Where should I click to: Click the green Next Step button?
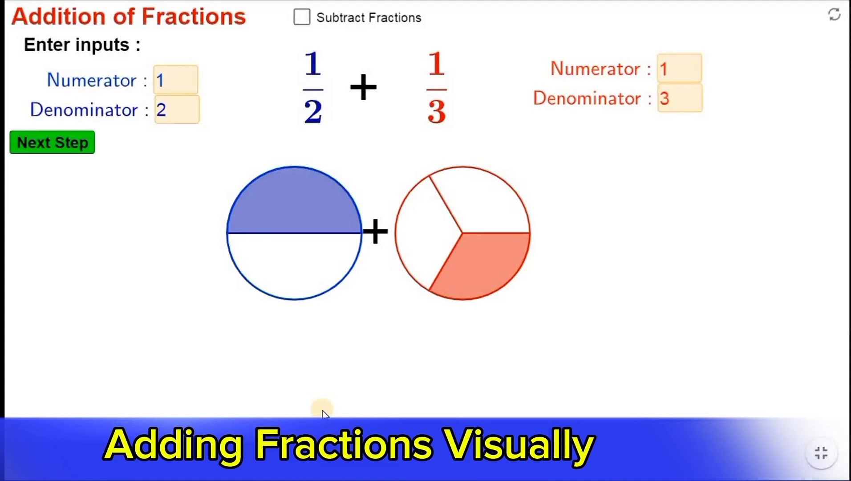tap(52, 143)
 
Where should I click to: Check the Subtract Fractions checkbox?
tap(302, 17)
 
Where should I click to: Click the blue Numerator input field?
tap(176, 80)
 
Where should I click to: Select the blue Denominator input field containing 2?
tap(177, 110)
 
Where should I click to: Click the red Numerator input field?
tap(679, 69)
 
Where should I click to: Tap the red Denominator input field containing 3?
tap(680, 98)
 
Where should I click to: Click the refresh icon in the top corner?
tap(834, 15)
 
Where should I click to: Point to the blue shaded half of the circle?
tap(294, 203)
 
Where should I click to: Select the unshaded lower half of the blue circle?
tap(294, 265)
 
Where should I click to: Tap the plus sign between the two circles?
tap(375, 231)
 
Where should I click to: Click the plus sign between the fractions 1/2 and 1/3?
tap(363, 87)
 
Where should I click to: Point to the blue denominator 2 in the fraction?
tap(313, 111)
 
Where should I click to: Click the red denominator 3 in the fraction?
tap(437, 111)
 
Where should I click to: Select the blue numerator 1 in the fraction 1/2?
tap(313, 64)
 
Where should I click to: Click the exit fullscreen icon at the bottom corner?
tap(821, 453)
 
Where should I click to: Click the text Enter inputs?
tap(82, 45)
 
